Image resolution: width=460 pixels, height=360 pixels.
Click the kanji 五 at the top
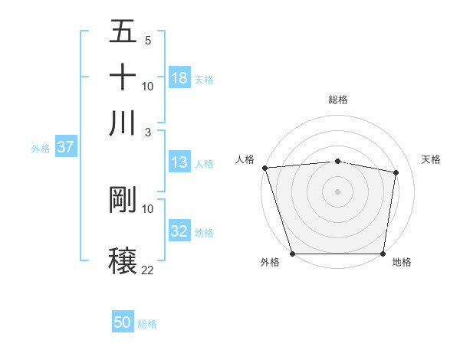123,31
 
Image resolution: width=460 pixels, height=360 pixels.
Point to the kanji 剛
123,200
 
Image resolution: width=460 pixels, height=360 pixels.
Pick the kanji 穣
123,259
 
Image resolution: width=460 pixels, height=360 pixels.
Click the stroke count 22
147,270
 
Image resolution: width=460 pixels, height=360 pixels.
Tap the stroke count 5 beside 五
147,41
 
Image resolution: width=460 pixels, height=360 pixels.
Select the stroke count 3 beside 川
147,133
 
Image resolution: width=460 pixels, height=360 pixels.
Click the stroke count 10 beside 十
147,87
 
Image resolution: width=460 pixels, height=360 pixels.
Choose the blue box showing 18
179,77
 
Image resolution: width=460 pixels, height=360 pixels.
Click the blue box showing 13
179,162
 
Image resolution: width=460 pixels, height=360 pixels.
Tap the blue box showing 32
179,231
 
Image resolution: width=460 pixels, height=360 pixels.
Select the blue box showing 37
65,147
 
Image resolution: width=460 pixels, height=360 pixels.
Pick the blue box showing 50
123,322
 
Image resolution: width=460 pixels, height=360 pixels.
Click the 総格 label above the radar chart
337,100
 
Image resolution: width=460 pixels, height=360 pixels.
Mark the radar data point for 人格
264,168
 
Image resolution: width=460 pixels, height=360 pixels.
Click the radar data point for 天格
396,172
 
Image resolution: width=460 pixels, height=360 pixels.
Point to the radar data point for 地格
383,254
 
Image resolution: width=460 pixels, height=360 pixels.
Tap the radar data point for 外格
292,254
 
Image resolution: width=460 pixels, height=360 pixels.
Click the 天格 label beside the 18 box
204,79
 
